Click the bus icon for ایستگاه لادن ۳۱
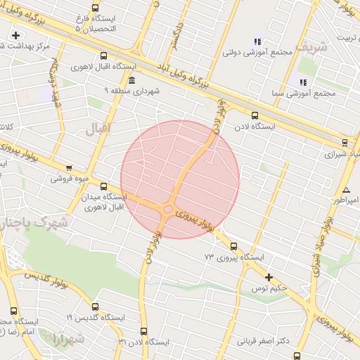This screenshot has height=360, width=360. (x=144, y=331)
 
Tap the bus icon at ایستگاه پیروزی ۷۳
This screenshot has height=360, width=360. (x=233, y=246)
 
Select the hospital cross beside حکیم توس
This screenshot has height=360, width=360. (x=268, y=277)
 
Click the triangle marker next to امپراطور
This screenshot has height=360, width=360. (x=346, y=191)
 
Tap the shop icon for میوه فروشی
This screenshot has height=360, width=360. (x=68, y=168)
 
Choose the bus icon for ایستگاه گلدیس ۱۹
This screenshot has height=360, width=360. (x=95, y=307)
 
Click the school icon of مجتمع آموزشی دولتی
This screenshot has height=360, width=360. (x=257, y=41)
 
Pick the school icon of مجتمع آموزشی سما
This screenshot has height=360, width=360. (x=303, y=82)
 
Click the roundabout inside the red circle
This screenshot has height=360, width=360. (x=168, y=209)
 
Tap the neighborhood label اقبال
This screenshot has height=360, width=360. (x=98, y=129)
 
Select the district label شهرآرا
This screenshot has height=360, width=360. (x=67, y=340)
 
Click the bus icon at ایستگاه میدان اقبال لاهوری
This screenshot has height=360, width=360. (x=104, y=186)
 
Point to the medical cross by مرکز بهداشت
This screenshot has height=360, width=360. (x=15, y=35)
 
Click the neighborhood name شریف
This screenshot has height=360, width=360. (x=311, y=46)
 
